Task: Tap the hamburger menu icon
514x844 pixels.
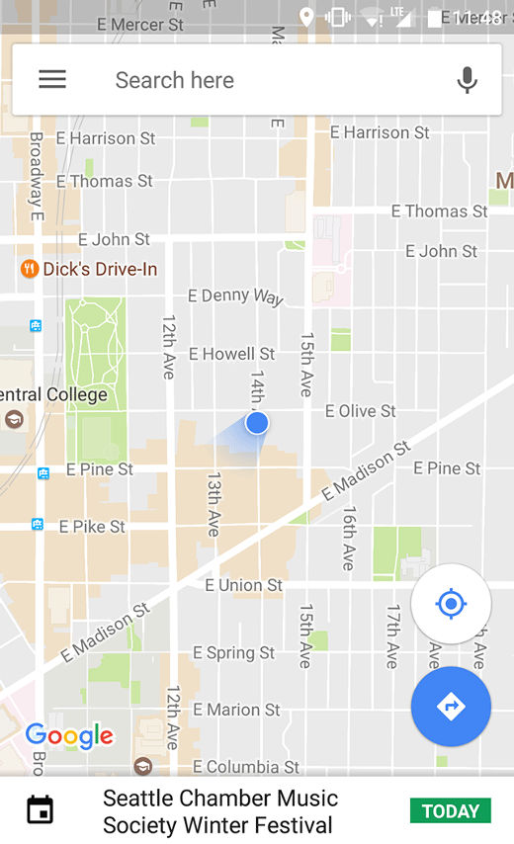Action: (x=52, y=80)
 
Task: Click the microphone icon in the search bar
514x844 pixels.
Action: (x=467, y=80)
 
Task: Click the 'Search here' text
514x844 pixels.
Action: (x=175, y=80)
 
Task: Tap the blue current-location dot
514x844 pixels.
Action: (x=257, y=423)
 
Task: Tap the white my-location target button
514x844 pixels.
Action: (x=451, y=604)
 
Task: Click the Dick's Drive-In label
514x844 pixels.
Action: (x=100, y=269)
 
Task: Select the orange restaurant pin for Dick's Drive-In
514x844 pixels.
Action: (x=30, y=269)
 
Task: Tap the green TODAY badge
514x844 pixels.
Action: (x=451, y=811)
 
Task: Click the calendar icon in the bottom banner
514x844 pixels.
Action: (x=40, y=810)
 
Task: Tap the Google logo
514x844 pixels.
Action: (x=69, y=736)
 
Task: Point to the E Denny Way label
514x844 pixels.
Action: (x=235, y=295)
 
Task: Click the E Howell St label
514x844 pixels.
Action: (x=231, y=354)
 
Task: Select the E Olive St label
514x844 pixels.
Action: (x=360, y=411)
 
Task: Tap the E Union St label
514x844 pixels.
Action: (x=243, y=585)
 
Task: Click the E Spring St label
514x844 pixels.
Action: (x=233, y=653)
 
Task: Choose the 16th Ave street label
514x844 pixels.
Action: (x=349, y=538)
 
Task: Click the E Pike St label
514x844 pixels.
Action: (x=92, y=527)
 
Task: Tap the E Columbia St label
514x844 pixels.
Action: (x=246, y=767)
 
